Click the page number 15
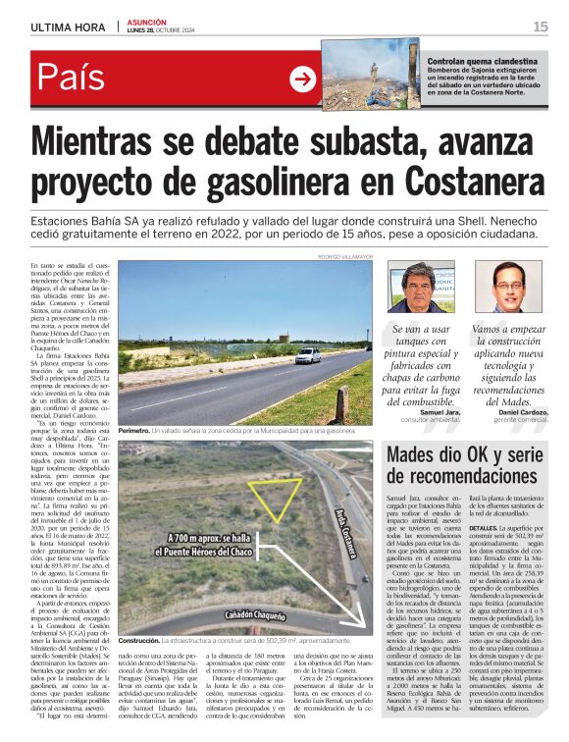541,26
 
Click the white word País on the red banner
74,79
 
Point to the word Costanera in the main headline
461,183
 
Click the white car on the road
307,356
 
